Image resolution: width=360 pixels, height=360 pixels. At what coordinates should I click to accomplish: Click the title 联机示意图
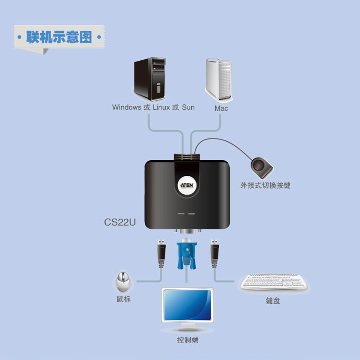pos(58,36)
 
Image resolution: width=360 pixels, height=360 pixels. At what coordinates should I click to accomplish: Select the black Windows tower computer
pos(150,79)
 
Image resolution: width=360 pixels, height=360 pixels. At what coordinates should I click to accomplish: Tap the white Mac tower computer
pos(220,80)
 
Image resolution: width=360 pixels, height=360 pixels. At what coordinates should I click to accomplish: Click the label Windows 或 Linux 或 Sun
pos(153,108)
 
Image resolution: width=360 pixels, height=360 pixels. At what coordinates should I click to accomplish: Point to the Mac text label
pos(221,108)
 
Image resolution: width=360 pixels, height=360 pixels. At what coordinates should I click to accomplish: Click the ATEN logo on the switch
pos(186,184)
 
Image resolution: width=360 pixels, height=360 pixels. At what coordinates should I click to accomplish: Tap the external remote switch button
pos(261,166)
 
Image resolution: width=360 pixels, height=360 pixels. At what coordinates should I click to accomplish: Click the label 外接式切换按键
pos(265,185)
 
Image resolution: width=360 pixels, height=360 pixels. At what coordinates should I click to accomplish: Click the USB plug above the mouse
pos(160,255)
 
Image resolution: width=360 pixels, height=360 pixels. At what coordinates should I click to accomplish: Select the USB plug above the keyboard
pos(215,255)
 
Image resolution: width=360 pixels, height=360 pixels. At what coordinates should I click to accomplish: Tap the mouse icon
pos(122,282)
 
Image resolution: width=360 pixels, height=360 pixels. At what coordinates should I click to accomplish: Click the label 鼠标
pos(123,299)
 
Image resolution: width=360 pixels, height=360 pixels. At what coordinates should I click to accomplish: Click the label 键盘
pos(273,301)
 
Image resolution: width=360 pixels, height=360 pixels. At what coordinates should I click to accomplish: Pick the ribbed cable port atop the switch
pos(186,158)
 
